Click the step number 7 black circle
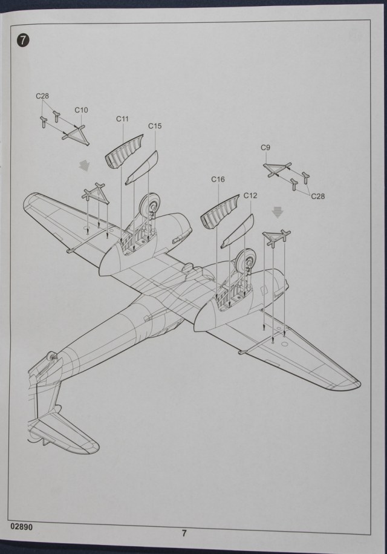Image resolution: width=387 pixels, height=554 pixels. tap(23, 41)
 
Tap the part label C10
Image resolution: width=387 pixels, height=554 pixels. tap(81, 110)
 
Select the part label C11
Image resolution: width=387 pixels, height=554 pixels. tap(123, 119)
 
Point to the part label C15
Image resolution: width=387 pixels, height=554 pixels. tap(155, 126)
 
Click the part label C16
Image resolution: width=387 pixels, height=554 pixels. tap(218, 180)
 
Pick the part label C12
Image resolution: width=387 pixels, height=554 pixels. tap(250, 196)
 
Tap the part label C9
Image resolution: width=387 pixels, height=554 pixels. tap(265, 148)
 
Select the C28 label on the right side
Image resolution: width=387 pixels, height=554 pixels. tap(317, 196)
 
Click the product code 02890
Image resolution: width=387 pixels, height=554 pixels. tap(21, 526)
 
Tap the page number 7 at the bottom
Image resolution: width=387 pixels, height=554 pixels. tap(184, 533)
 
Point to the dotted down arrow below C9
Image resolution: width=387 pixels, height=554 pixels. tap(278, 212)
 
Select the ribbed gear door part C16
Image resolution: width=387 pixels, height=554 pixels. tap(219, 212)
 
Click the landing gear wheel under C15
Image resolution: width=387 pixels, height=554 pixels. tap(149, 209)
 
